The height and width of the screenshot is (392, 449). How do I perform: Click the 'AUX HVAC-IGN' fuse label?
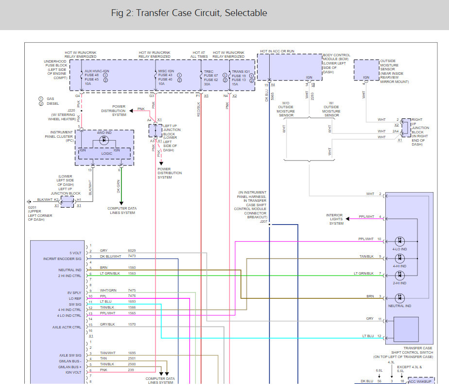point(97,71)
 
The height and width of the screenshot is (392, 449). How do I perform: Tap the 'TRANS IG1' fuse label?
point(241,71)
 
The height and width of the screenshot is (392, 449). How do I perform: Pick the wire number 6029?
point(132,251)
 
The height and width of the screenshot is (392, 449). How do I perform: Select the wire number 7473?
point(132,256)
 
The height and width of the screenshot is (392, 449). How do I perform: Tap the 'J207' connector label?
point(263,221)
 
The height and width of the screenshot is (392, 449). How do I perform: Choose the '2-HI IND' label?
point(400,283)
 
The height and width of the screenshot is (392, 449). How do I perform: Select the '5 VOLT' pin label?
point(75,253)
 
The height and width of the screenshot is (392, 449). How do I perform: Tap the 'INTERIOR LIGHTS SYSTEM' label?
point(336,219)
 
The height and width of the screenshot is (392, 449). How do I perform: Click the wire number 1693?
point(132,302)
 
